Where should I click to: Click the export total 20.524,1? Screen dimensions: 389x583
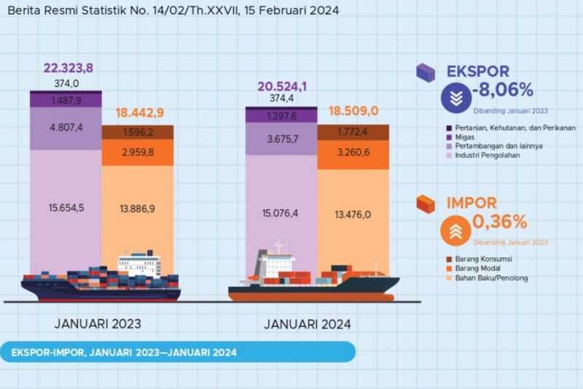click(281, 86)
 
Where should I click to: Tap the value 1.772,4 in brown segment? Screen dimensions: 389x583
click(353, 133)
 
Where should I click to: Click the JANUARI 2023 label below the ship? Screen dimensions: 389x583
click(98, 323)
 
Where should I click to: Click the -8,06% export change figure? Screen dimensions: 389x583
click(503, 90)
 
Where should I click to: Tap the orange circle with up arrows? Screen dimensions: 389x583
click(455, 231)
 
